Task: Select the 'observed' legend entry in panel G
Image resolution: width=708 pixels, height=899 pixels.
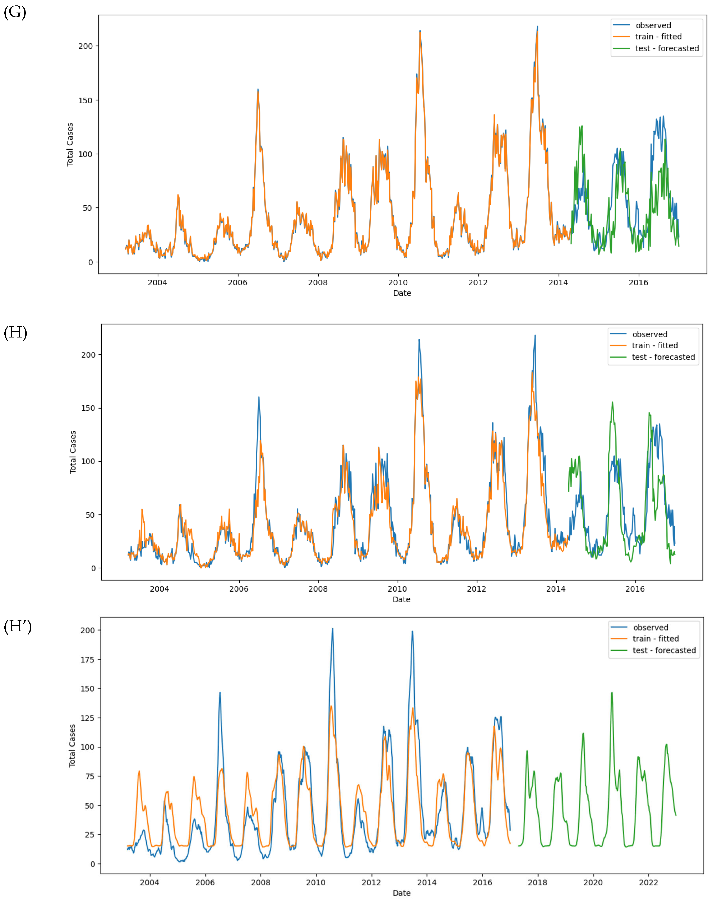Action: click(653, 25)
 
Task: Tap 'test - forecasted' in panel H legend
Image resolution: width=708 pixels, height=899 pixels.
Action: click(663, 357)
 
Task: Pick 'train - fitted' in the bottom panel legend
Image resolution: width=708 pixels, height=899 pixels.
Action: click(655, 638)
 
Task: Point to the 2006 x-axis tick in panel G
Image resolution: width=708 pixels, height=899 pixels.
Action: click(238, 283)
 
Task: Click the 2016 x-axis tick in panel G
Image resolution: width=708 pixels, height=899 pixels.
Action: click(638, 283)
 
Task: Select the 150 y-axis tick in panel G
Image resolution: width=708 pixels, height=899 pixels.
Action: click(85, 100)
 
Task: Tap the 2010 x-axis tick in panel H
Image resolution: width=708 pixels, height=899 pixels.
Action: click(397, 589)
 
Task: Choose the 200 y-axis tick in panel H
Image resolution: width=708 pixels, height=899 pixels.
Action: click(88, 355)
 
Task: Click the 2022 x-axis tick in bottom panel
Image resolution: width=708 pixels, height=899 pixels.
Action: click(648, 882)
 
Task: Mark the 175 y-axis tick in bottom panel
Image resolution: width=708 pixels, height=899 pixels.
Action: click(87, 660)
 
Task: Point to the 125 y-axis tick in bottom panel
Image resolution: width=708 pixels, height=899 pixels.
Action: click(87, 718)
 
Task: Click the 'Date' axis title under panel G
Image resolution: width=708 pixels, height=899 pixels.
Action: click(402, 293)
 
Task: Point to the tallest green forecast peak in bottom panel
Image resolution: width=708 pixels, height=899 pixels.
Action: click(611, 693)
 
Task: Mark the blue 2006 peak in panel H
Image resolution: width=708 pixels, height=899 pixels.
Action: click(259, 397)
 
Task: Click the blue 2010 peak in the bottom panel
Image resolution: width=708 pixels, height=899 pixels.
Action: click(332, 629)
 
